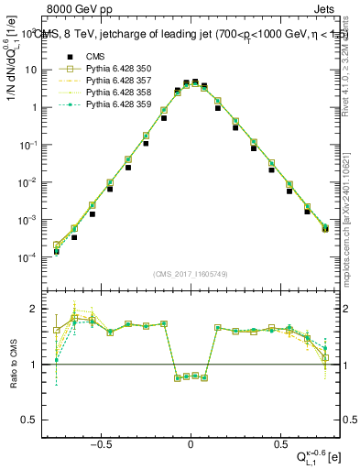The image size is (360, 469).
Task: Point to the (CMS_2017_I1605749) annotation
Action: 191,274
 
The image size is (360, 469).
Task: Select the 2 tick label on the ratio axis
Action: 37,308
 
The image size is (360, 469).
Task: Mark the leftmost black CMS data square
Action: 57,251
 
